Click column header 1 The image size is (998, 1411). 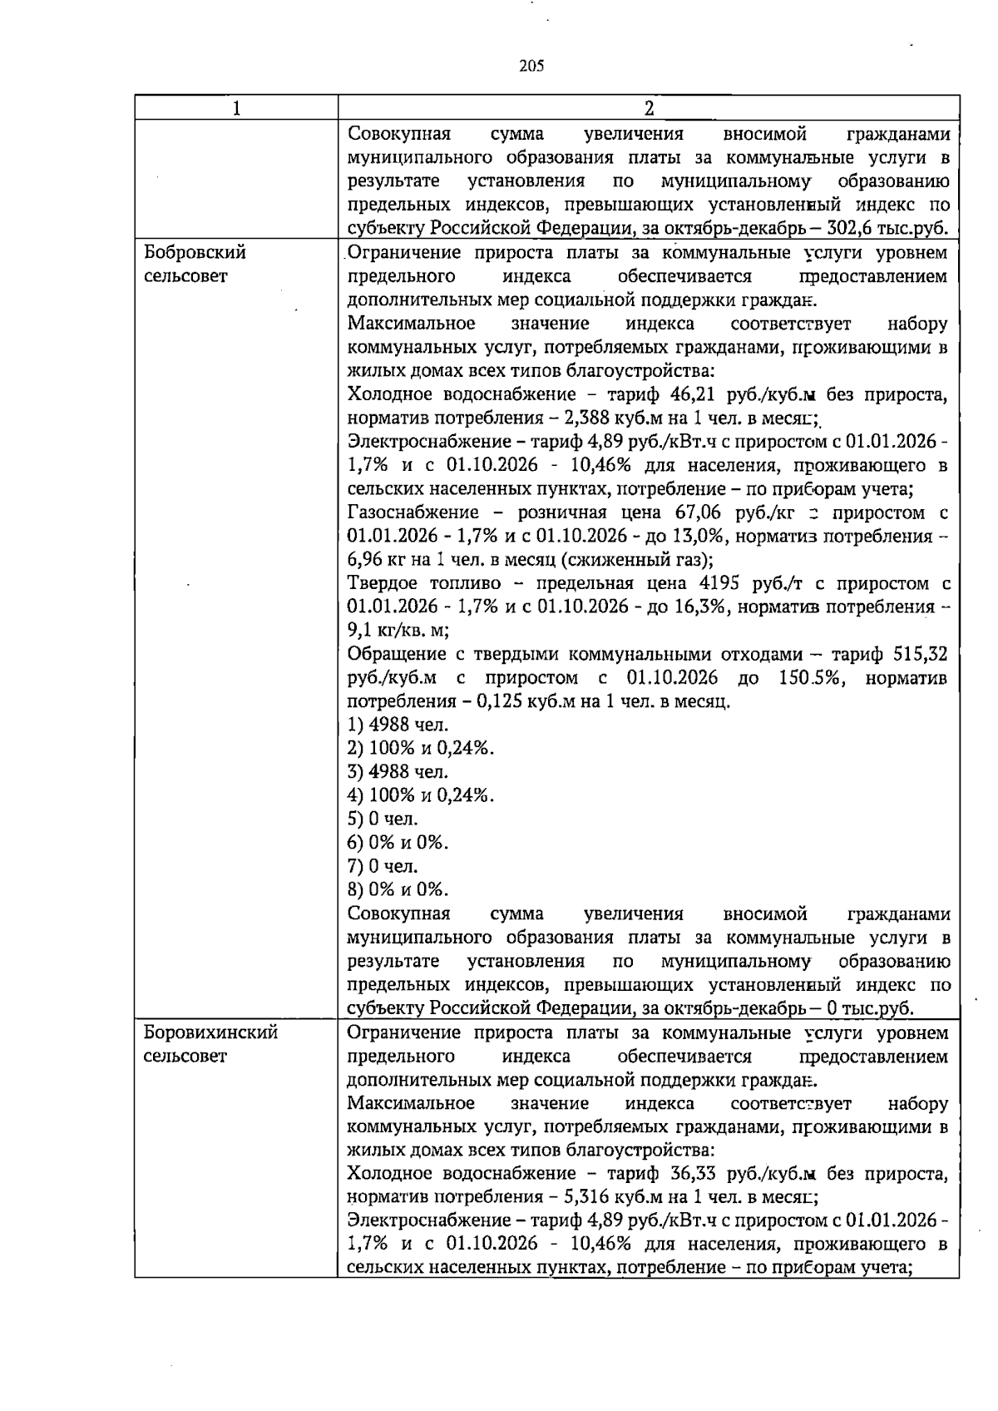(x=236, y=108)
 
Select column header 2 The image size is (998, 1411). (x=649, y=108)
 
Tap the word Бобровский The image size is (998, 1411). (x=195, y=252)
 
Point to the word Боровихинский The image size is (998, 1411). (x=210, y=1033)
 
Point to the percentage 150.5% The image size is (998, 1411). (x=812, y=678)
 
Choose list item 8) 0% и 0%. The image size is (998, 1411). (x=398, y=890)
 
